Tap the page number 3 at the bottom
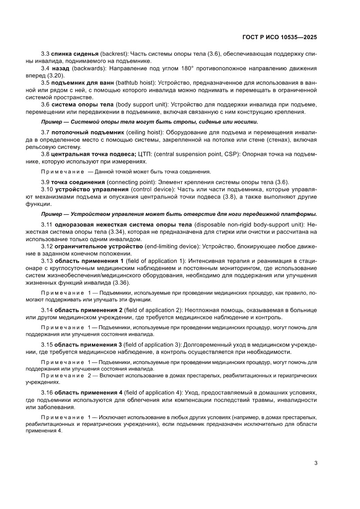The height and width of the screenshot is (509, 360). pos(316,463)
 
